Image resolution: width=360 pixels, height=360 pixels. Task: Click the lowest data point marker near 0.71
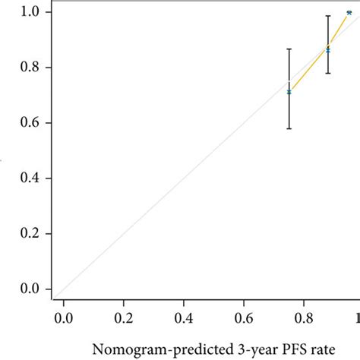(289, 92)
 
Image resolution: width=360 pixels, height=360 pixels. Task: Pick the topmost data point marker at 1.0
(349, 13)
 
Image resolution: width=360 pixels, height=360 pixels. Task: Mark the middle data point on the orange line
(328, 49)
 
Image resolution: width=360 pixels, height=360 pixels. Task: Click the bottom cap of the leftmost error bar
(289, 128)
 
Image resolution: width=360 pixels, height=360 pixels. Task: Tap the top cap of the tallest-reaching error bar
(328, 16)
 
